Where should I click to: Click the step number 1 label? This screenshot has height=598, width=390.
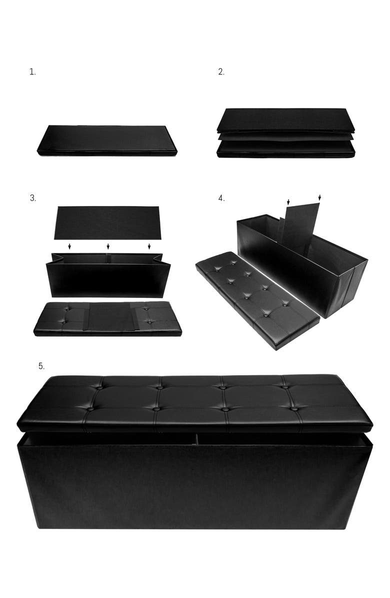coord(32,72)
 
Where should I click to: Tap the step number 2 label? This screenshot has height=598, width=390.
coord(221,72)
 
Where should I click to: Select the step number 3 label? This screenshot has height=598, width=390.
coord(32,198)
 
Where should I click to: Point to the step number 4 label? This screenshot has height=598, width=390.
coord(221,198)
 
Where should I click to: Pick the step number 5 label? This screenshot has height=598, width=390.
coord(41,366)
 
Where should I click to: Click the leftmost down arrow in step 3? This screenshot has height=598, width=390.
coord(69,246)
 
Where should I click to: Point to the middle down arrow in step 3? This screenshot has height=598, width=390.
coord(108,246)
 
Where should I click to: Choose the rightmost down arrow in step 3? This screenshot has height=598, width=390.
coord(149,246)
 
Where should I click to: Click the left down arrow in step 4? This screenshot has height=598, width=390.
coord(288,201)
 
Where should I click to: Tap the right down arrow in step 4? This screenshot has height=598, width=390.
coord(319,198)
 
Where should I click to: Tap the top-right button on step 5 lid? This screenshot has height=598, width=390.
coord(285,385)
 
